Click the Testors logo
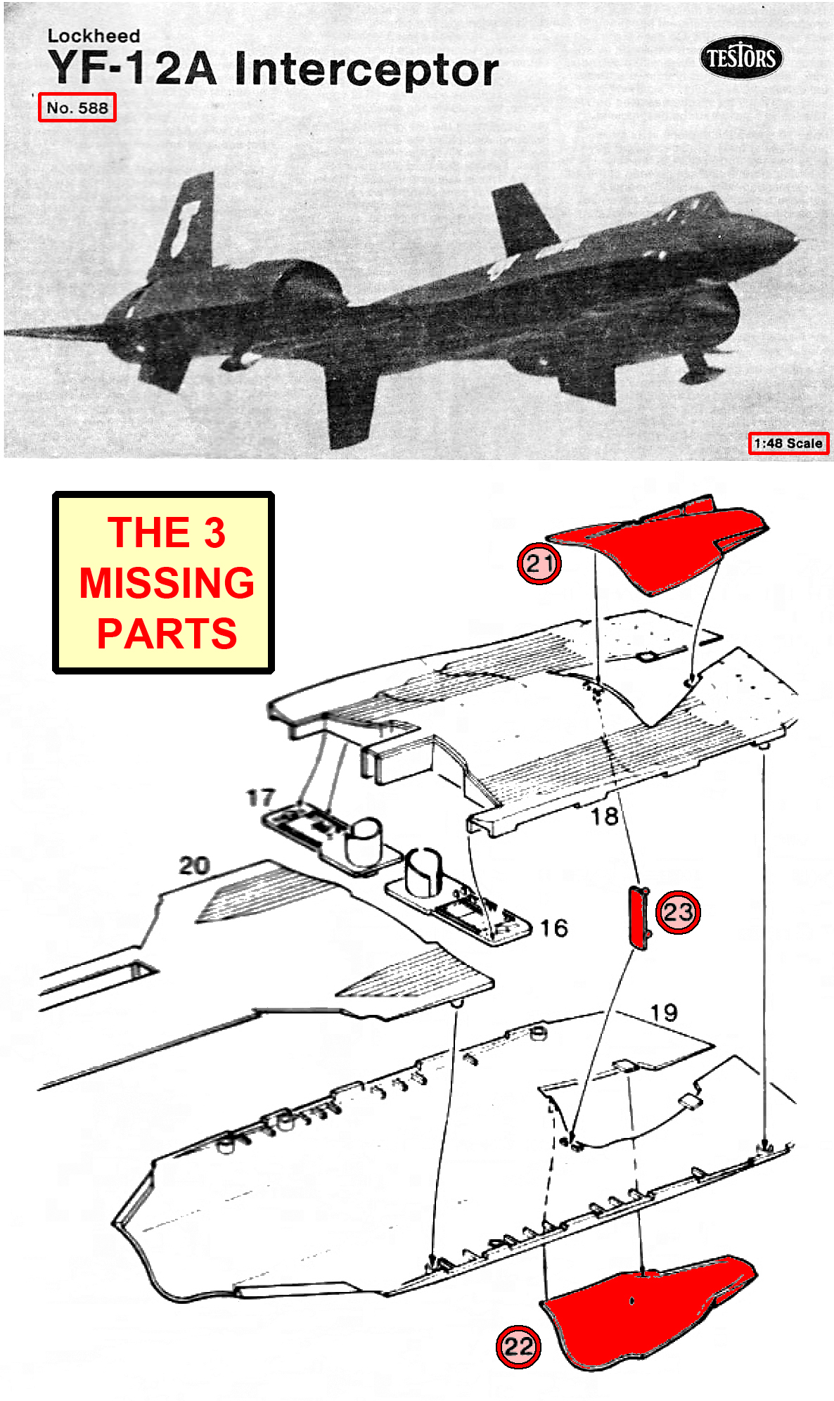[740, 57]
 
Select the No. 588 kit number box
[77, 108]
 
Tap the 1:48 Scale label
[788, 443]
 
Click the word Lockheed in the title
[94, 36]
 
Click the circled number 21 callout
[539, 563]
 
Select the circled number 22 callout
[518, 1346]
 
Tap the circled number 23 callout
[678, 911]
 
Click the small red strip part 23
[638, 917]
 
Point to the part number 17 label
[260, 797]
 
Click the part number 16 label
[553, 928]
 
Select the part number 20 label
[194, 865]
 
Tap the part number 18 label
[604, 816]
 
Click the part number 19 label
[663, 1012]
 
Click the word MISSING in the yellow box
[167, 582]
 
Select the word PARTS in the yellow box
[167, 633]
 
